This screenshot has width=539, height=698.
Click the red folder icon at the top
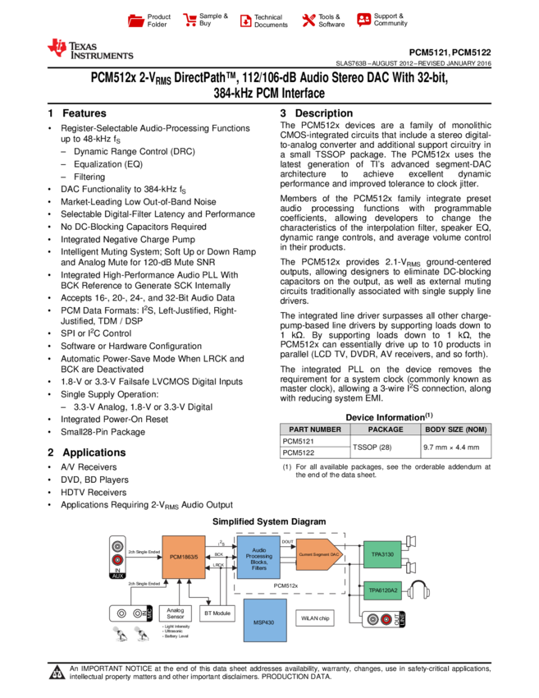[x=136, y=21]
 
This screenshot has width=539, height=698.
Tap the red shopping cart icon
[x=190, y=21]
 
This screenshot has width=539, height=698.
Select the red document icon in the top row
[x=245, y=21]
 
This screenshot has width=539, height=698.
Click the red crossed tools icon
[x=308, y=21]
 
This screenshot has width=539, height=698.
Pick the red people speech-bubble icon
[x=364, y=20]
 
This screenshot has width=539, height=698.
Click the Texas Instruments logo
[x=89, y=49]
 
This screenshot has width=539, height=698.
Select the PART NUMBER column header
[x=315, y=429]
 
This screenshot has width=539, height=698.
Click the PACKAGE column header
[x=386, y=429]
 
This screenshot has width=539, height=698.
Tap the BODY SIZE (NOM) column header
[x=456, y=429]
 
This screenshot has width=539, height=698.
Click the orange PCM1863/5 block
[x=184, y=557]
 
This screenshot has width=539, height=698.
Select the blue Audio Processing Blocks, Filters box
[x=258, y=558]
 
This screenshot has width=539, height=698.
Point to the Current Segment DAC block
[x=318, y=555]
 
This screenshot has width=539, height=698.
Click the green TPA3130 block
[x=382, y=554]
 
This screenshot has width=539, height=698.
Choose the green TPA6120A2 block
[x=382, y=590]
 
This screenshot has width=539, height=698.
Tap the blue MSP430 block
[x=265, y=620]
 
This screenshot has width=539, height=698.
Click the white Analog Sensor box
[x=175, y=613]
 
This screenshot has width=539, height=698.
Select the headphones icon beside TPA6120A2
[x=419, y=590]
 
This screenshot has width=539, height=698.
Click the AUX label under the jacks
[x=117, y=576]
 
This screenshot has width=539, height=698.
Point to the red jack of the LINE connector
[x=386, y=619]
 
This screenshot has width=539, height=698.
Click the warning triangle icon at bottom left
[x=57, y=673]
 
